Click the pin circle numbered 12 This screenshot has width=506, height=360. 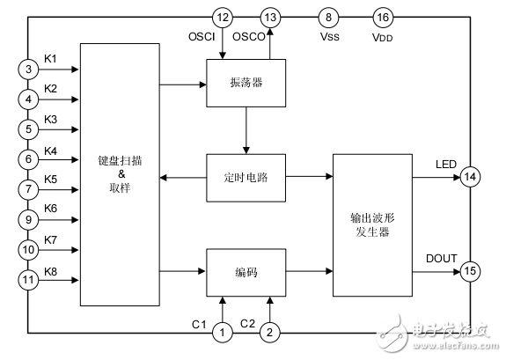(223, 18)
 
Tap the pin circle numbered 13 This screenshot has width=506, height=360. (271, 18)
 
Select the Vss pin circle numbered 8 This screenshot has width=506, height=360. (328, 18)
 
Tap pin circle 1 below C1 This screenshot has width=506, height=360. (223, 333)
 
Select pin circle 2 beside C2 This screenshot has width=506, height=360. (271, 333)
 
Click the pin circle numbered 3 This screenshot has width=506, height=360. (28, 69)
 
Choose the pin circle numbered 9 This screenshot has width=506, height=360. (28, 219)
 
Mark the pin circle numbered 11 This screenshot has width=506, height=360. (28, 279)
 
